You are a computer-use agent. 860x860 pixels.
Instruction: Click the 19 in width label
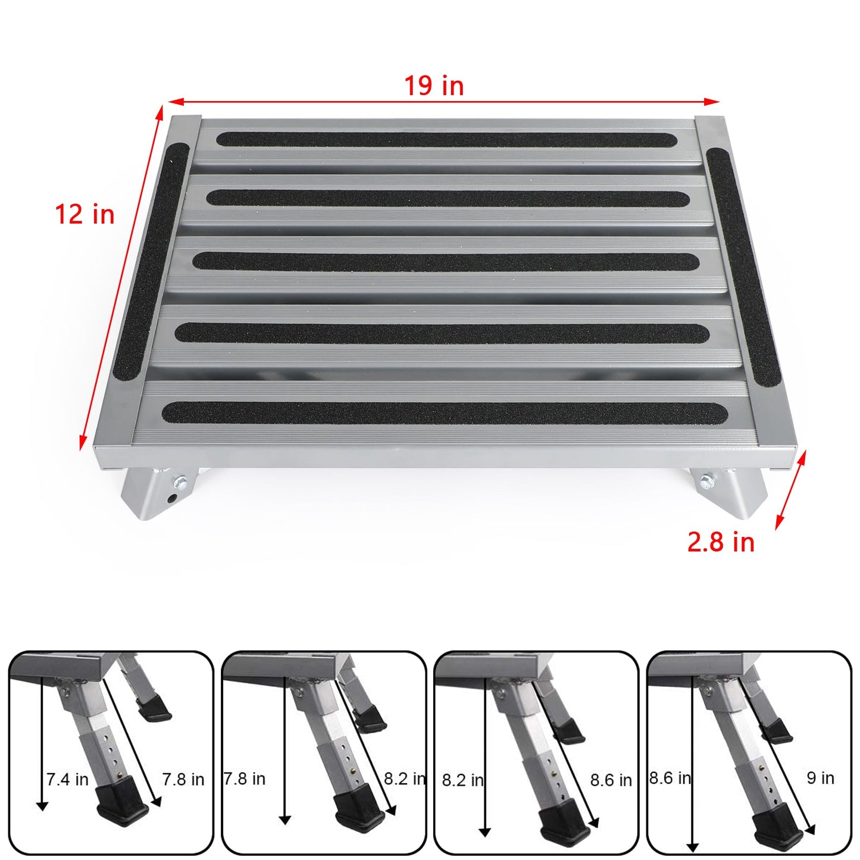(x=434, y=86)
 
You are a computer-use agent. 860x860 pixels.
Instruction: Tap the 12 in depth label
(x=85, y=214)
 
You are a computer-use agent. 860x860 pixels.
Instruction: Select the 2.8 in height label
(x=720, y=542)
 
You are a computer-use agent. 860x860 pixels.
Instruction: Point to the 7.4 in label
(x=67, y=778)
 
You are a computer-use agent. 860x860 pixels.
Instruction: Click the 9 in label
(x=820, y=778)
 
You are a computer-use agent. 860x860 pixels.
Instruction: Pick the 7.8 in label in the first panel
(x=183, y=778)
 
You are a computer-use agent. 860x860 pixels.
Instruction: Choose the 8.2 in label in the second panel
(x=405, y=778)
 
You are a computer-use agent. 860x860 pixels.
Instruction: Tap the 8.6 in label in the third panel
(x=611, y=779)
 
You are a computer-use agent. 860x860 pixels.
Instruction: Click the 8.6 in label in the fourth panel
(x=670, y=778)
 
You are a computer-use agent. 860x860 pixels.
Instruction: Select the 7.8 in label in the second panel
(x=245, y=778)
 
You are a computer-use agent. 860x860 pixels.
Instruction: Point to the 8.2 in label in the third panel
(x=462, y=779)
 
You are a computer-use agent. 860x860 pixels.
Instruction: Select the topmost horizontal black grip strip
(x=446, y=139)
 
